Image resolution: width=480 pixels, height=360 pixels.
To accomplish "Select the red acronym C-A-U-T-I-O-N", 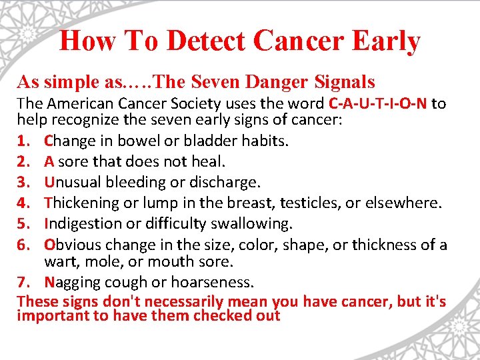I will click(378, 103).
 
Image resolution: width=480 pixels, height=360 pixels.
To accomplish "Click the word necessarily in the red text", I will click(161, 301).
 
